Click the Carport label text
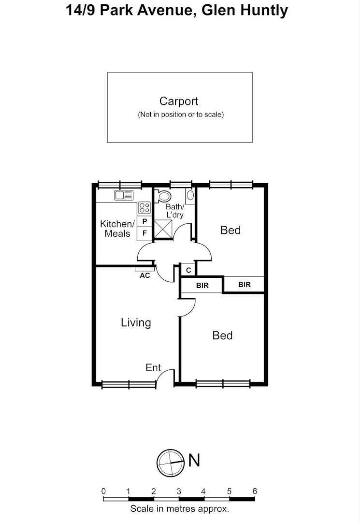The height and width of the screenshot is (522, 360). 179,101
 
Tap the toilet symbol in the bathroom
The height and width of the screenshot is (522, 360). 164,196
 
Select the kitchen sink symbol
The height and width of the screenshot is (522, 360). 124,195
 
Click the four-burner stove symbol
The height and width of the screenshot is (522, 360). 144,208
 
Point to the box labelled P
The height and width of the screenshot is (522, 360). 144,221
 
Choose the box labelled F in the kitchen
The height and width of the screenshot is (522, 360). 144,233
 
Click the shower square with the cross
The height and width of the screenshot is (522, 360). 163,229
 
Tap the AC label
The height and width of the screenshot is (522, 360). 144,275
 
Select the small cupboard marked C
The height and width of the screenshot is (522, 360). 188,270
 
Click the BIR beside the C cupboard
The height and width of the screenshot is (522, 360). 202,286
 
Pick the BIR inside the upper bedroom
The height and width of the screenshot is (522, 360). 245,285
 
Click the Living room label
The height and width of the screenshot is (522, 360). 136,322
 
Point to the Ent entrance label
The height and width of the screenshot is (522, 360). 153,368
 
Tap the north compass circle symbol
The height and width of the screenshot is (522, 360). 171,463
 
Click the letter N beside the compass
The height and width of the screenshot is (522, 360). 194,461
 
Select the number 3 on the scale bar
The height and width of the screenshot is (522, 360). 179,492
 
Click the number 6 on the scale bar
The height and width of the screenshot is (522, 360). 255,492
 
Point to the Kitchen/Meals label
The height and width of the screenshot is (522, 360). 116,229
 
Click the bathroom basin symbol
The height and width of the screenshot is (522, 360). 190,195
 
